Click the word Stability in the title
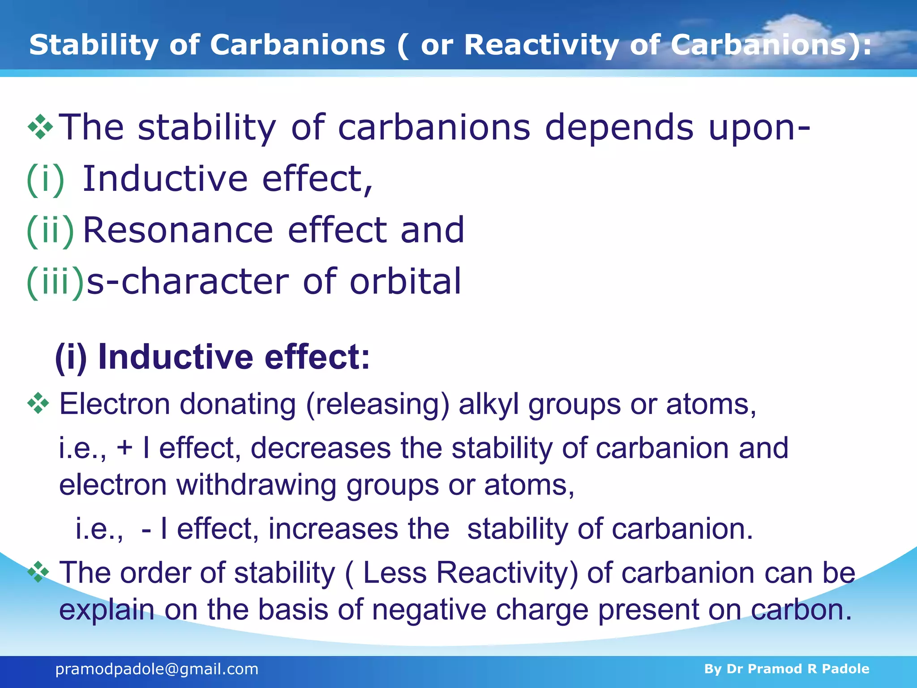tap(93, 45)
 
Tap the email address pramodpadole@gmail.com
tap(157, 669)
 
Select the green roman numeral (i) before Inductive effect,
tap(45, 179)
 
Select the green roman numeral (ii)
tap(50, 230)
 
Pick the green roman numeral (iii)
tap(55, 282)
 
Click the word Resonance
tap(178, 230)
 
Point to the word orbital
tap(405, 282)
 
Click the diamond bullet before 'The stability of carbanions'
tap(40, 127)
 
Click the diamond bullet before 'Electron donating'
tap(39, 403)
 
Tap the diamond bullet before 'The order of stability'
tap(39, 572)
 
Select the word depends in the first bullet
tap(619, 128)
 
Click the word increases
tap(333, 529)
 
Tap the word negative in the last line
tap(429, 610)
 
